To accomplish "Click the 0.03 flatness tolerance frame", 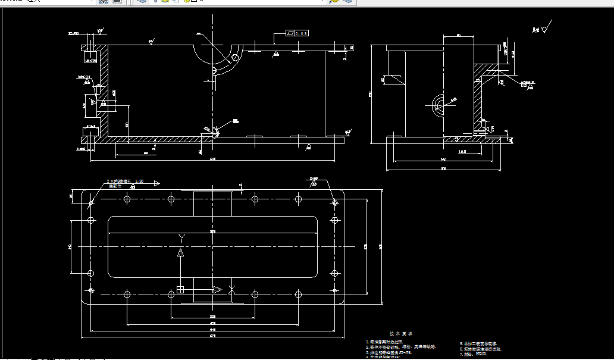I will [x=297, y=34].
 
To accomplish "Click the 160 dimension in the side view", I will [x=462, y=152].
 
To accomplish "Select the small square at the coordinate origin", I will [x=180, y=290].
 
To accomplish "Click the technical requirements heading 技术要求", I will [x=396, y=334].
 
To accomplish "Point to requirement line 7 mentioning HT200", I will [x=474, y=354].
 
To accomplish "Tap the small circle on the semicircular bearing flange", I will [x=235, y=58].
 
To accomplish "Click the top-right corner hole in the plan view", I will [x=336, y=203].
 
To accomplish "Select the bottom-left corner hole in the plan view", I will [x=91, y=290].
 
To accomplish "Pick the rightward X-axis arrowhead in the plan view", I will [x=217, y=290].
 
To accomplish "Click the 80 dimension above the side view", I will [x=459, y=36].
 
